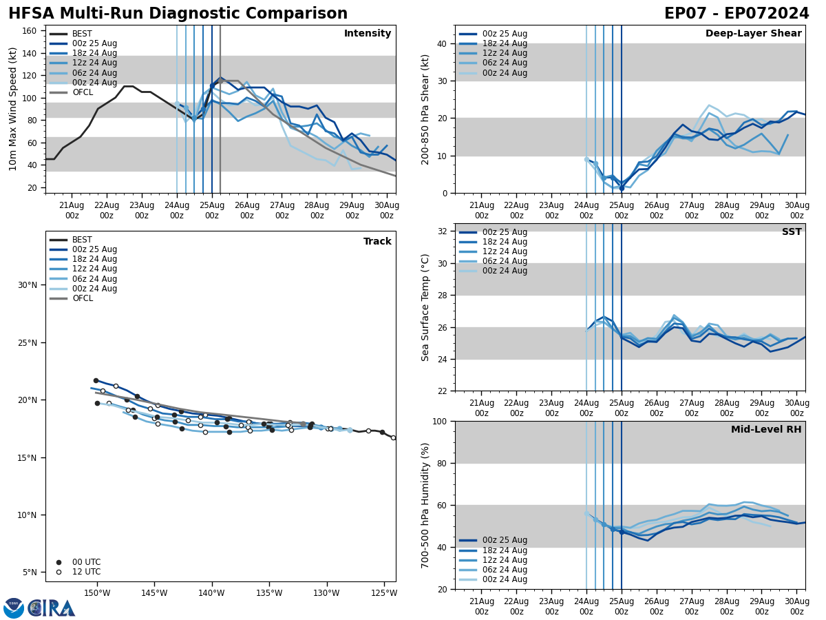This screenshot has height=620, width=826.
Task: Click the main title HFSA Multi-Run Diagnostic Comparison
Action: coord(178,14)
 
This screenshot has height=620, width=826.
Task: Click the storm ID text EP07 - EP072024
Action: coord(737,14)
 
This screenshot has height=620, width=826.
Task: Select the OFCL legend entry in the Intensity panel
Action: coord(82,92)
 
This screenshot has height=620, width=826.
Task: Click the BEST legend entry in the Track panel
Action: coord(82,240)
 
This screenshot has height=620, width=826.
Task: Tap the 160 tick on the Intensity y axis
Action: coord(31,31)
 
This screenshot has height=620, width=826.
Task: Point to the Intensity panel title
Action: coord(368,34)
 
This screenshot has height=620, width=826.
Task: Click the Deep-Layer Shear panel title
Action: coord(753,34)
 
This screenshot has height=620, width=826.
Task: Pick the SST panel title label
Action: coord(791,232)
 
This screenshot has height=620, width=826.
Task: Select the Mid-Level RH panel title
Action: coord(766,430)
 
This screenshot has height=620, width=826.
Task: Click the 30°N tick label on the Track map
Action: coord(28,285)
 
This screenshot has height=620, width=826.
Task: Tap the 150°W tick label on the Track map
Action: coord(97,594)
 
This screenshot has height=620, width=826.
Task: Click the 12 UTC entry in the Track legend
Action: coord(86,572)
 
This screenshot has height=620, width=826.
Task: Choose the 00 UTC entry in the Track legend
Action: coord(86,562)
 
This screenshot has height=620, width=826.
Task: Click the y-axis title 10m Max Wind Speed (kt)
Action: coord(13,109)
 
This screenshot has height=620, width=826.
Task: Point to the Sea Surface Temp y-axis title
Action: coord(425,307)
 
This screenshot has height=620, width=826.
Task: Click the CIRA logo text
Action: coord(52,608)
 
